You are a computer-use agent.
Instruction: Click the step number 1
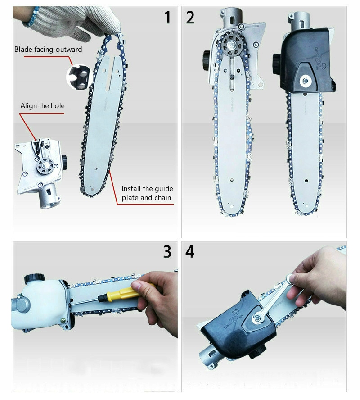click(167, 17)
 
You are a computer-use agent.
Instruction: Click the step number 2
click(190, 17)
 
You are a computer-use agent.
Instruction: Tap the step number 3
click(167, 252)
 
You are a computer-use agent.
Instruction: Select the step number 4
click(190, 252)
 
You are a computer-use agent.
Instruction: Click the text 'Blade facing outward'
click(48, 50)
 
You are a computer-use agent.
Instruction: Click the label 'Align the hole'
click(42, 106)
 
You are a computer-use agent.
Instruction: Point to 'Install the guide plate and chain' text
click(147, 193)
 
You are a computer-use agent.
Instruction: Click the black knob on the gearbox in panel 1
click(64, 159)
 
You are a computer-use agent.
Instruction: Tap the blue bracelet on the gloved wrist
click(32, 16)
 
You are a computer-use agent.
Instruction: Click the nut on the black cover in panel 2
click(307, 80)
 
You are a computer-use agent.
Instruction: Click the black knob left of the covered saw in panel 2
click(276, 60)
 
